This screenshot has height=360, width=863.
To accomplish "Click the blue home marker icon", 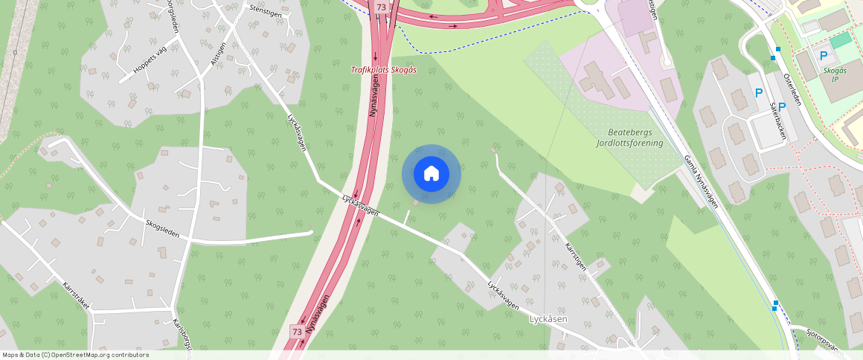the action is click(x=431, y=174).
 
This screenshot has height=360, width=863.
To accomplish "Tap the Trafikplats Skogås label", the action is click(x=383, y=70).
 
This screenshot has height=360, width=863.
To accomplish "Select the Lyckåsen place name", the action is click(x=548, y=319).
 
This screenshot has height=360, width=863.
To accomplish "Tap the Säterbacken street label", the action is click(x=778, y=120).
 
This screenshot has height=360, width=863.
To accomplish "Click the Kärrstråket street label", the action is click(x=77, y=295).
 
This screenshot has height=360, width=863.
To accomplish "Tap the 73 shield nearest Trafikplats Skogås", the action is click(x=382, y=7).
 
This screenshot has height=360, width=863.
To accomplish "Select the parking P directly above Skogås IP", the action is click(x=824, y=56).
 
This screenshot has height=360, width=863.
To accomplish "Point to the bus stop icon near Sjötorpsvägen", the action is click(x=775, y=303).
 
